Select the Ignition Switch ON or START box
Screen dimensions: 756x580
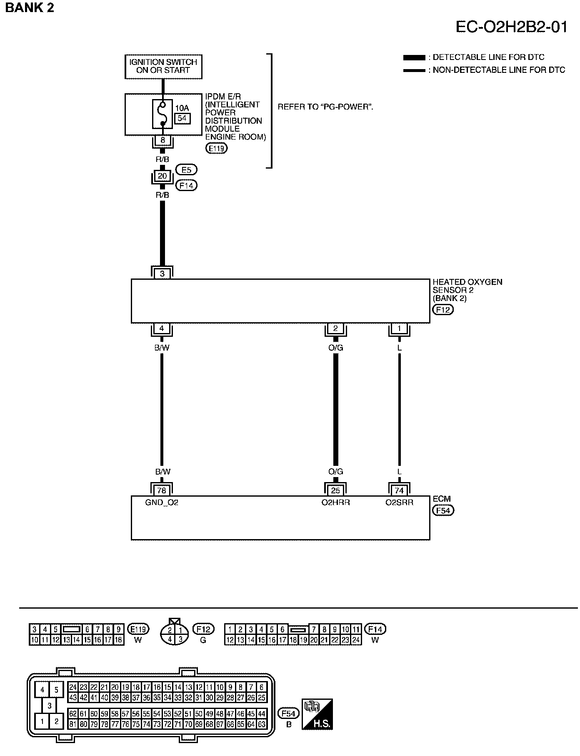tap(163, 66)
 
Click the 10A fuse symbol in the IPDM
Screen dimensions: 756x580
tap(162, 114)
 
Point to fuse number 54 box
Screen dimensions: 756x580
tap(182, 118)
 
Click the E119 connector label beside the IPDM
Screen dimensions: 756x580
tap(217, 148)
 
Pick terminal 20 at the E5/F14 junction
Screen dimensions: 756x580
tap(162, 176)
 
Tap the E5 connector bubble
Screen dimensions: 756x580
tap(186, 169)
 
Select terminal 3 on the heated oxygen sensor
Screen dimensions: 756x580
tap(162, 274)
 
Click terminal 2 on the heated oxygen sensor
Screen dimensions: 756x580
tap(335, 328)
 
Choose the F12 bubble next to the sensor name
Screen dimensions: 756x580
tap(443, 309)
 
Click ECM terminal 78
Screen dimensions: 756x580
tap(162, 490)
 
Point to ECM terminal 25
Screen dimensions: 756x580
tap(335, 490)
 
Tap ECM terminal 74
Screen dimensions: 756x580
tap(399, 490)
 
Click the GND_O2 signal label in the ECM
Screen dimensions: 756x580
tap(162, 502)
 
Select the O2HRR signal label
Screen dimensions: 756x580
tap(335, 502)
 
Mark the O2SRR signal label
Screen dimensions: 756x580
tap(399, 502)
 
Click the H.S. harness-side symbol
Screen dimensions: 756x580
tap(317, 714)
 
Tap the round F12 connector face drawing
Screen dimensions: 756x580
tap(175, 634)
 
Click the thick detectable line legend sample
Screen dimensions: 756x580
tap(414, 57)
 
